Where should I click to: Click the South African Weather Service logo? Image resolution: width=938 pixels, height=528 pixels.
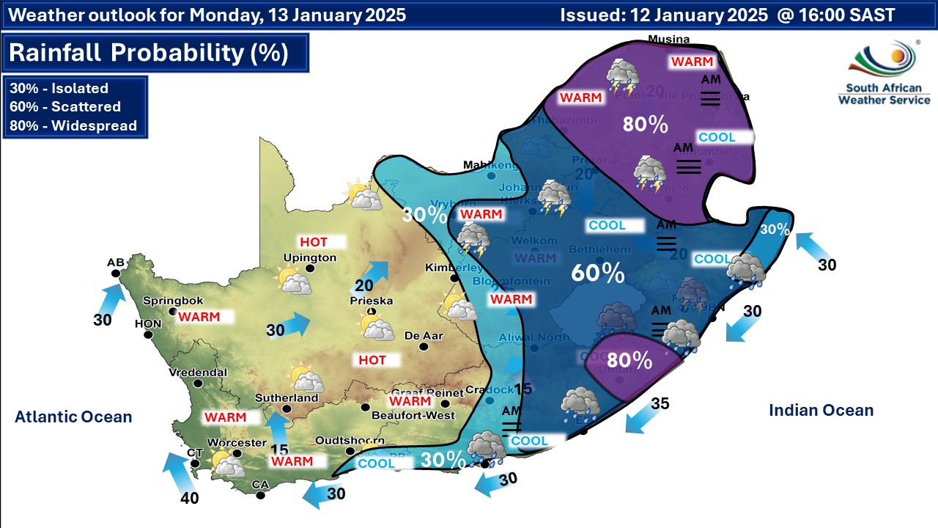[884, 73]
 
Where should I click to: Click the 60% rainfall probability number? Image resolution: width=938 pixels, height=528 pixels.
[598, 274]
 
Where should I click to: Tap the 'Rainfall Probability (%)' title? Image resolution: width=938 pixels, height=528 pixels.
[149, 53]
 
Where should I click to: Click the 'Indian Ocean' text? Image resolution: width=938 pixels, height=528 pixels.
[821, 411]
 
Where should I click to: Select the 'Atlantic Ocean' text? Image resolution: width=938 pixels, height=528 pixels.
[73, 417]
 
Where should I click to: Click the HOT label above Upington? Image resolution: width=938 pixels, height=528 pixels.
[313, 241]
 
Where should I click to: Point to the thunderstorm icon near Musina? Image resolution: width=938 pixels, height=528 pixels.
[621, 77]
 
